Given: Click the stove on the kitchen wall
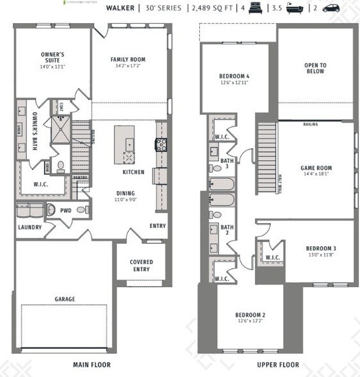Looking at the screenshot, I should point(160,145).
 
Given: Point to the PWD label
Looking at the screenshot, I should point(65,210).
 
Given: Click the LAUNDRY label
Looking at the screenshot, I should point(29,227).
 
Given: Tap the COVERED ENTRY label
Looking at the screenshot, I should point(141,265).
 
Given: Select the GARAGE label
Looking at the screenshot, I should point(65,299).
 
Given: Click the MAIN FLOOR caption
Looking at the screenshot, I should point(91,365).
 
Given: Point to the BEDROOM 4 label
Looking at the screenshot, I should point(234,76).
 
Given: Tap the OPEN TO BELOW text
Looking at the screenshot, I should point(315,68).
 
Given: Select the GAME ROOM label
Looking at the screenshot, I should point(316,168).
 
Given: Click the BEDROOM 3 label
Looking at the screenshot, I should point(321,248).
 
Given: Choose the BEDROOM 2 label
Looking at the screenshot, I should point(250,315).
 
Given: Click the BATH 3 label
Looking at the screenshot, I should point(227,163).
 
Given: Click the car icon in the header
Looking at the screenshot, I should point(331,8).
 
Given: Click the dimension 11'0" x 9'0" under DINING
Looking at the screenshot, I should point(126,199).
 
